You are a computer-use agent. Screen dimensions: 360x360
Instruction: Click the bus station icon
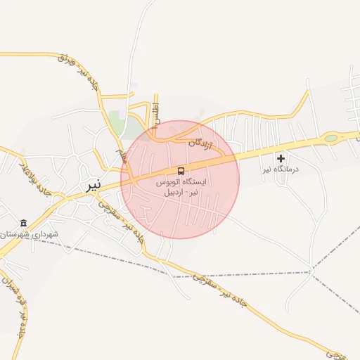(181, 171)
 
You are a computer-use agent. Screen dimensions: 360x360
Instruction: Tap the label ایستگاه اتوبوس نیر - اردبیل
(181, 186)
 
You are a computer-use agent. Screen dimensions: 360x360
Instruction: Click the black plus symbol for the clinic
(281, 158)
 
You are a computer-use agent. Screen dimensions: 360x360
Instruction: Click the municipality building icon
(25, 223)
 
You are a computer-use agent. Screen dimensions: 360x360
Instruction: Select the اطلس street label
(157, 115)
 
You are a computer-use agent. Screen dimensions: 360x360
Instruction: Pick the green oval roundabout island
(330, 138)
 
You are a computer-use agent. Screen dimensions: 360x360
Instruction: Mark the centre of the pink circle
(180, 179)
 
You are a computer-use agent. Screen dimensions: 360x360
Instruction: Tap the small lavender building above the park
(134, 85)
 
